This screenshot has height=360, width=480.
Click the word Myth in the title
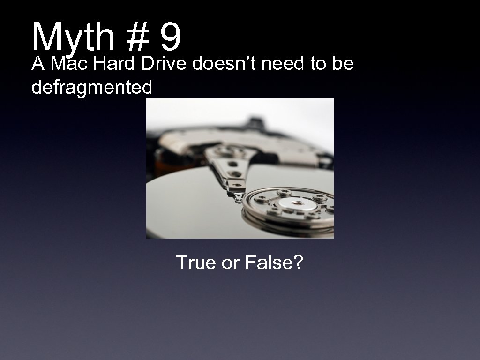[x=73, y=38]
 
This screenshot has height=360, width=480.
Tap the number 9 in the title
[x=170, y=38]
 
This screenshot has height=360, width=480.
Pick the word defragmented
[x=92, y=87]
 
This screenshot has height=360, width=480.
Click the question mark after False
[x=299, y=262]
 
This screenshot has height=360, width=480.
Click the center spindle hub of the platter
[x=297, y=203]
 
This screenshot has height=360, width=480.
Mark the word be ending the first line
[x=343, y=64]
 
